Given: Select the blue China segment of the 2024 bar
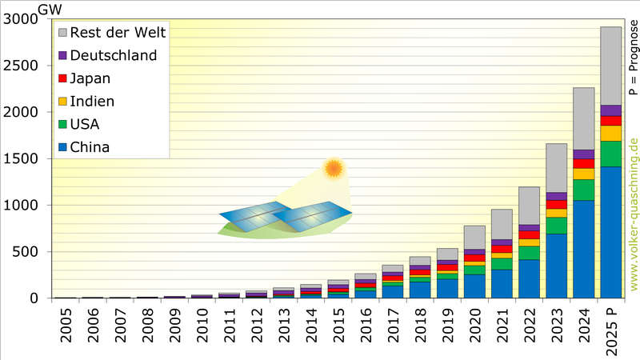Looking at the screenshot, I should click(583, 249).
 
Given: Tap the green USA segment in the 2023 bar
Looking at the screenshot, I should click(556, 226).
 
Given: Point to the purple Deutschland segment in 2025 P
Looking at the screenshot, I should click(610, 110).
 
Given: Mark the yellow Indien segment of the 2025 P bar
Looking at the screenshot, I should click(610, 133).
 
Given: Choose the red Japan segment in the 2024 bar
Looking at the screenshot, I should click(583, 163).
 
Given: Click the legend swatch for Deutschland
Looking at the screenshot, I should click(62, 56).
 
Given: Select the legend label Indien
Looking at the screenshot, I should click(92, 102).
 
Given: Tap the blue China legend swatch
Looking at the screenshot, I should click(62, 147).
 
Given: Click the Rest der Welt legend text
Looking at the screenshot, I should click(118, 33).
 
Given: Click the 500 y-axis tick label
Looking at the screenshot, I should click(23, 252).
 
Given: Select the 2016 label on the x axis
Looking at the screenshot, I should click(366, 328).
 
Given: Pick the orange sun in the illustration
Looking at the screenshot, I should click(333, 169).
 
